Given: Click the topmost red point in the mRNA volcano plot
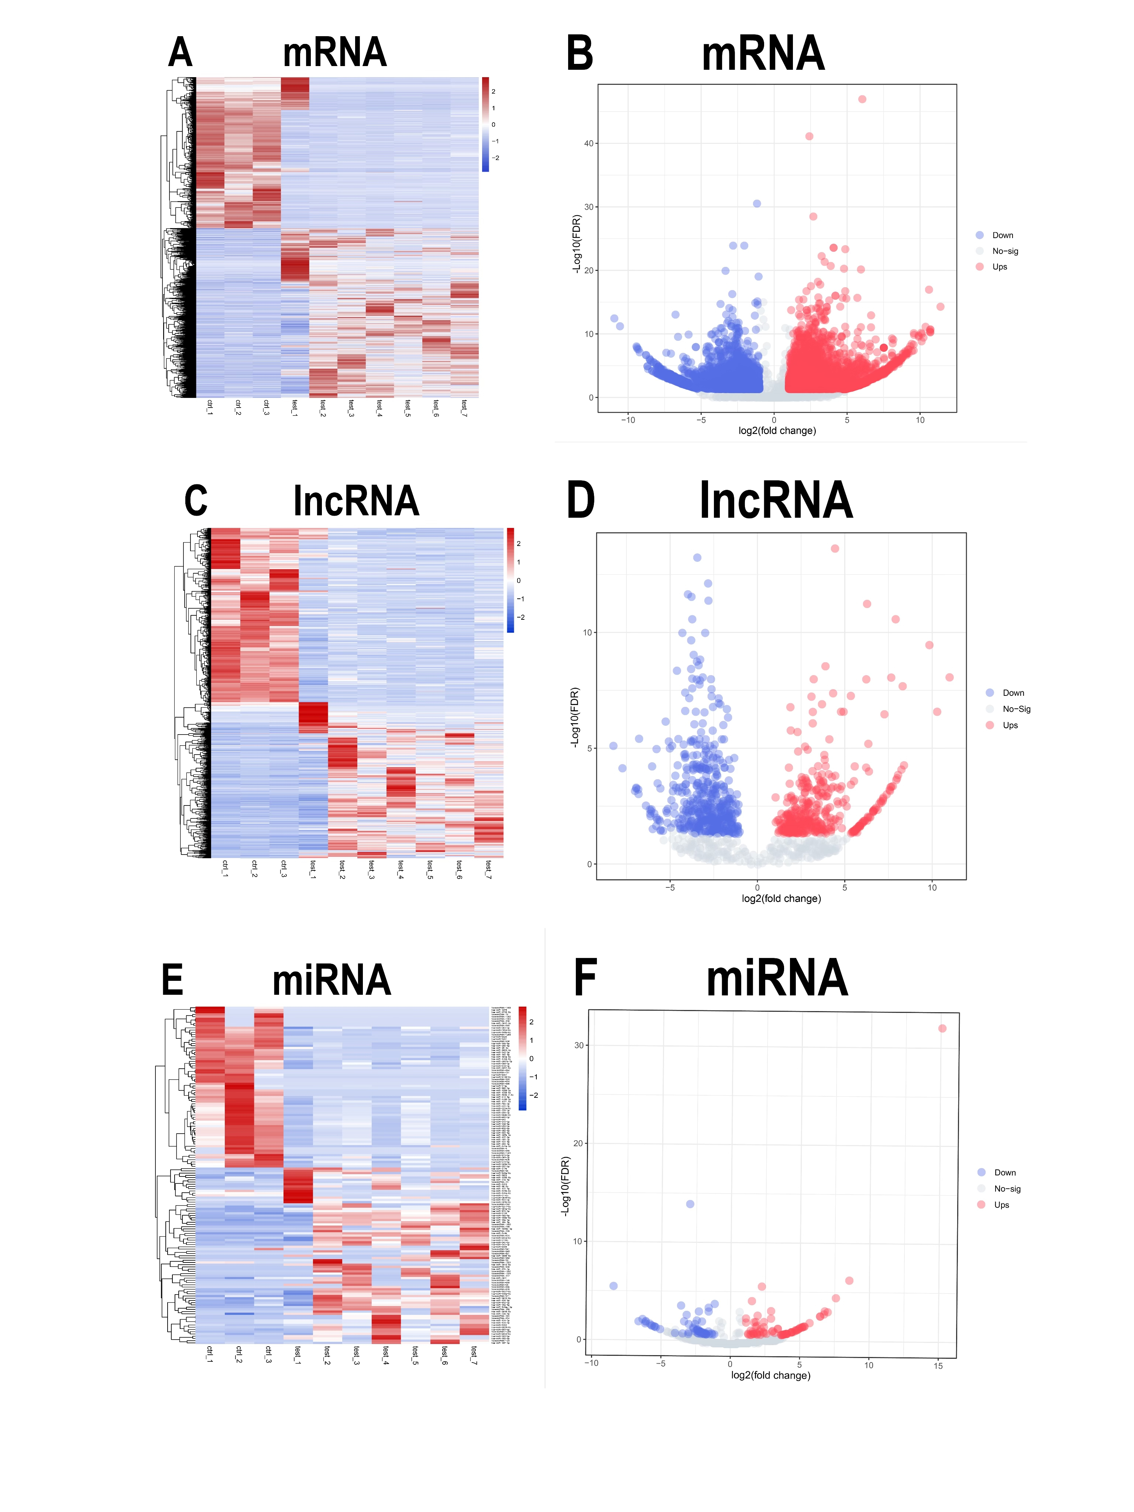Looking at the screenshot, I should coord(862,99).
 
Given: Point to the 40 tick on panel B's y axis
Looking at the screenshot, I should coord(588,144).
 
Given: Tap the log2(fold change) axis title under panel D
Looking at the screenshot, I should coord(781,898).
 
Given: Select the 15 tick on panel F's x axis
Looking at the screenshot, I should coord(938,1366).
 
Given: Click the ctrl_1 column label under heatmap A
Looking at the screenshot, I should coord(209,408).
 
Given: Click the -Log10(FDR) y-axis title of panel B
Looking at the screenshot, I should coord(576,244).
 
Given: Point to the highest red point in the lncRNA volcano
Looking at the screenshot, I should coord(835,548).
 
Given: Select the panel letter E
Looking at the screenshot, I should coord(172,980).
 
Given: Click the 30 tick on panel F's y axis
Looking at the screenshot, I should coord(579,1045).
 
